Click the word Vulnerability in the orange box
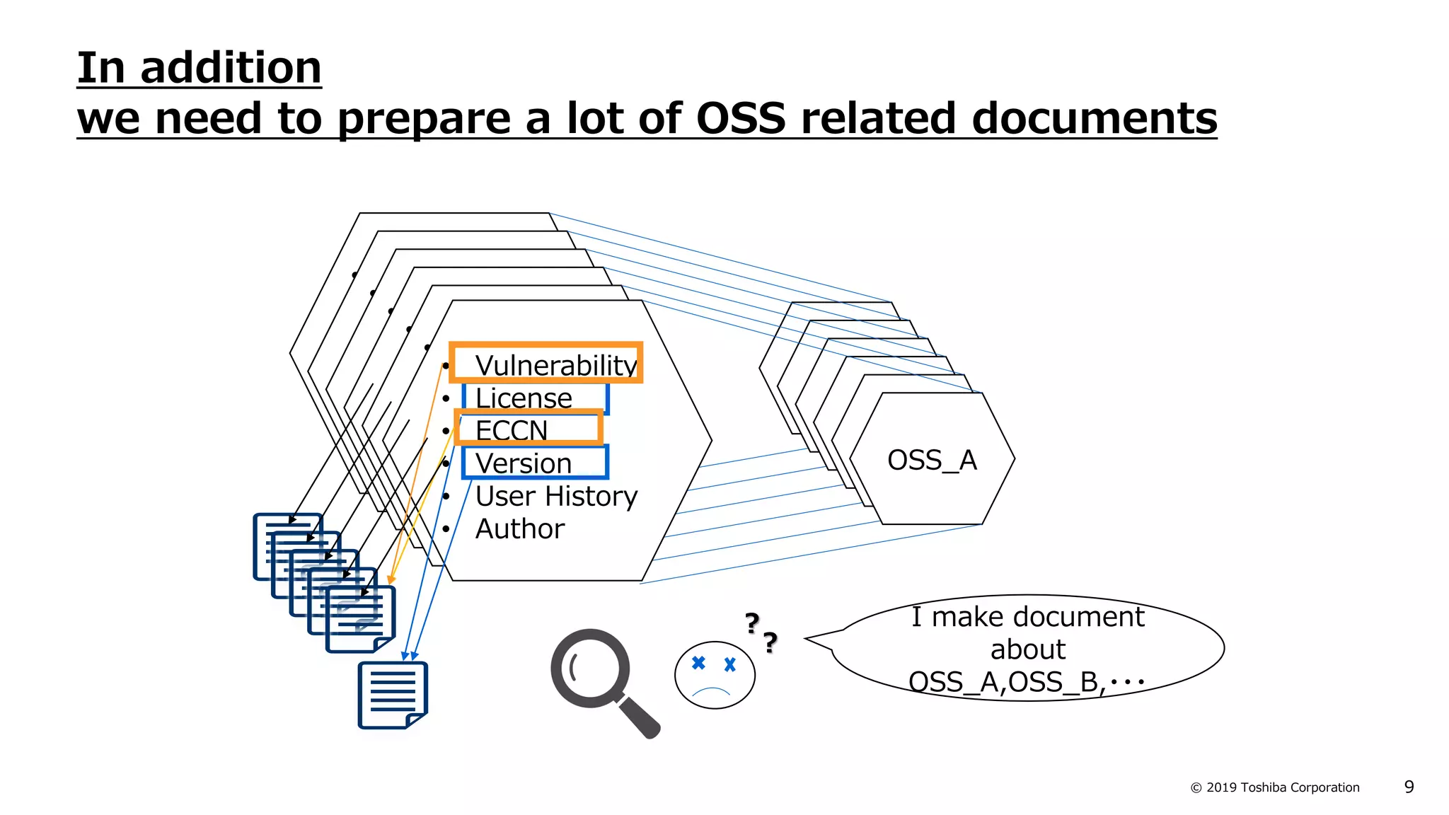click(x=555, y=365)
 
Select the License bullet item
click(x=524, y=398)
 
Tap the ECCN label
click(x=512, y=430)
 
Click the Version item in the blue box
click(x=524, y=463)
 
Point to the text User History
click(x=556, y=496)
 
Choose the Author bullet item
click(x=520, y=528)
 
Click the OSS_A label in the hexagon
click(x=932, y=460)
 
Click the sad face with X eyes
click(x=715, y=675)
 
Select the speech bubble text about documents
click(x=1027, y=649)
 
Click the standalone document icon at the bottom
click(x=393, y=695)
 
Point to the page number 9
click(x=1409, y=787)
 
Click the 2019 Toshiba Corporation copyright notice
click(x=1275, y=787)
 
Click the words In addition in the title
click(x=199, y=68)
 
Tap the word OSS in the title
click(x=741, y=118)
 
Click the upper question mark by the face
click(x=752, y=623)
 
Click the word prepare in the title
click(x=424, y=118)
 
